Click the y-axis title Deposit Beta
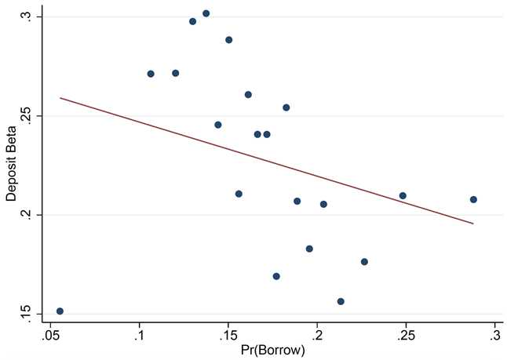[11, 165]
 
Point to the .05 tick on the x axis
[51, 336]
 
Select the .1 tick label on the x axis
[140, 336]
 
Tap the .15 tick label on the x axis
[228, 336]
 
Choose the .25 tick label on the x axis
[406, 336]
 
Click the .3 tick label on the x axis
[494, 336]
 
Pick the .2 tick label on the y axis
[27, 215]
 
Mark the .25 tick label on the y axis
[27, 116]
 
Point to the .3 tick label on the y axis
[27, 16]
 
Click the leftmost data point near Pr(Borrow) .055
[60, 311]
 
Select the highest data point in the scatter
[206, 13]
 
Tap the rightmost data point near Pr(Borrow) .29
[473, 199]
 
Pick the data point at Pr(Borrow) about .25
[403, 195]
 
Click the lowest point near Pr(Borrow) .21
[341, 301]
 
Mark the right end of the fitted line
[473, 224]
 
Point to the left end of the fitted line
[60, 98]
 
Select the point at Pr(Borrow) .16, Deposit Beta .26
[248, 95]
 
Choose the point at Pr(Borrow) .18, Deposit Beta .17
[276, 276]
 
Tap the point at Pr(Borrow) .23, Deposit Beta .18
[364, 262]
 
